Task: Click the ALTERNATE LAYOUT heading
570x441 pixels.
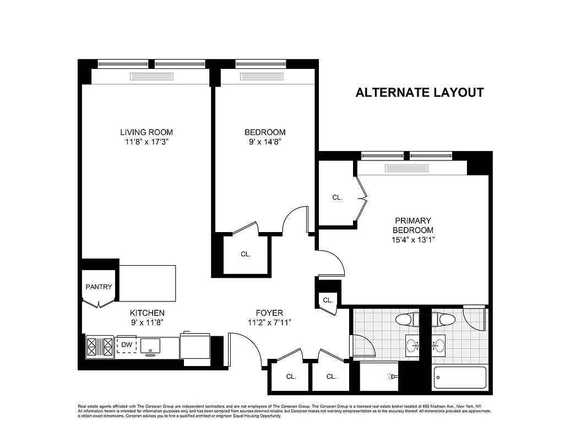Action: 420,93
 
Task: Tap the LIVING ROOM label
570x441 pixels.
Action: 146,132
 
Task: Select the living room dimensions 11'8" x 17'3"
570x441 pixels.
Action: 146,142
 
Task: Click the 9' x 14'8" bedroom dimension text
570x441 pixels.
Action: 265,142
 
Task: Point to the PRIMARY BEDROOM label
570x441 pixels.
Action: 412,225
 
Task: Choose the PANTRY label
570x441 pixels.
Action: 99,287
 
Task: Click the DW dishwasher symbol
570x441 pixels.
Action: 126,345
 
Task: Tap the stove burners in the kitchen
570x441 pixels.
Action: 99,347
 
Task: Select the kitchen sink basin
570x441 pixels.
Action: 150,346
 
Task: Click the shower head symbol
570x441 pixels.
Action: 392,377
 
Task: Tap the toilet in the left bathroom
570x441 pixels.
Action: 408,319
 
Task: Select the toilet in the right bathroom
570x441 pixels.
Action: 444,319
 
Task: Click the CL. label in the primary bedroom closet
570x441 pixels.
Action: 337,197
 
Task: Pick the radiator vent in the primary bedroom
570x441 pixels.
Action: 402,168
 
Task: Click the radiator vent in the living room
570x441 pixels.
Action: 151,77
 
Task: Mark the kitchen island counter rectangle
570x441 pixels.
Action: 148,283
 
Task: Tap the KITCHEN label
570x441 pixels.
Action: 147,313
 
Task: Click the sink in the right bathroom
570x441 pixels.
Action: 439,346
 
